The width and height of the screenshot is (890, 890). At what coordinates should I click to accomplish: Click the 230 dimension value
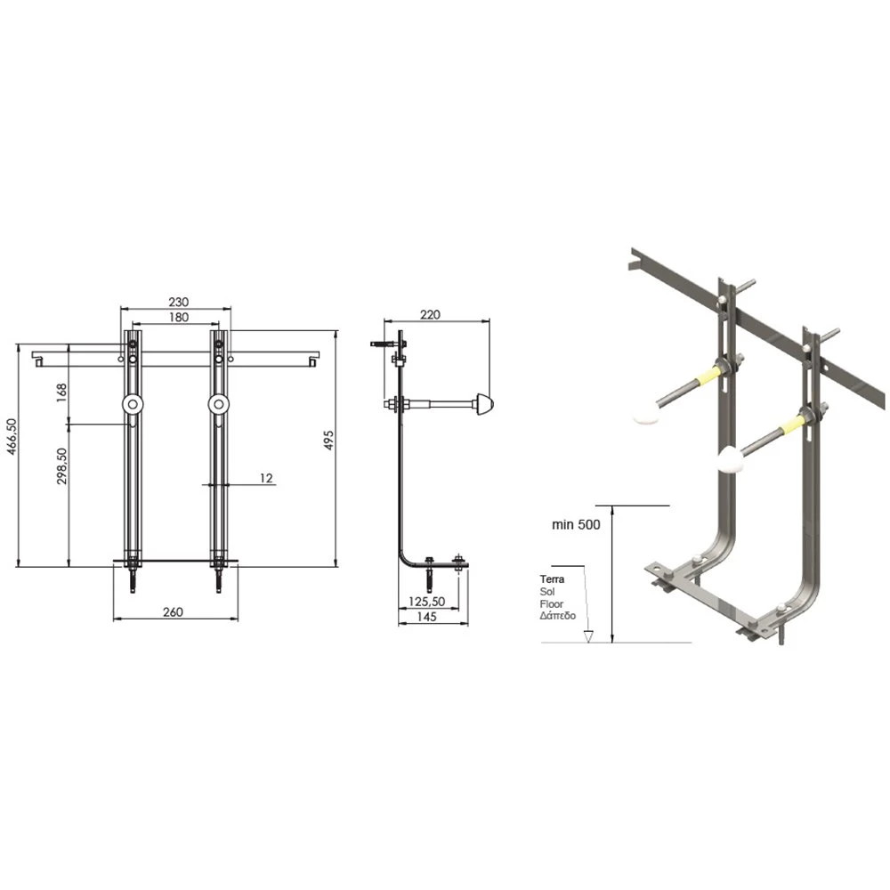tap(178, 302)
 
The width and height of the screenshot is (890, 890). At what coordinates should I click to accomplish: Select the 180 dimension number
tap(178, 318)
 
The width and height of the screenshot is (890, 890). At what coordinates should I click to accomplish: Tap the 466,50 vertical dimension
tap(12, 436)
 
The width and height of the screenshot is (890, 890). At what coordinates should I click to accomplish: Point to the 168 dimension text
tap(61, 392)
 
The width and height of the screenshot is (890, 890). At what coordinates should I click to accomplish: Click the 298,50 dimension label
tap(61, 466)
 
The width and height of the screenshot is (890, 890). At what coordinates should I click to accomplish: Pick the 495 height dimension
tap(328, 441)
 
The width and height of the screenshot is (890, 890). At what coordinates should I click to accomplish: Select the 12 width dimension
tap(266, 479)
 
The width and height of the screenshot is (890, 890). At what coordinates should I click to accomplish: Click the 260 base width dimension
tap(174, 612)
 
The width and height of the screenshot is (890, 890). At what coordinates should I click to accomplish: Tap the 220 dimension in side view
tap(430, 314)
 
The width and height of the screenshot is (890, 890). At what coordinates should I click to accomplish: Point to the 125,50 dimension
tap(427, 602)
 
